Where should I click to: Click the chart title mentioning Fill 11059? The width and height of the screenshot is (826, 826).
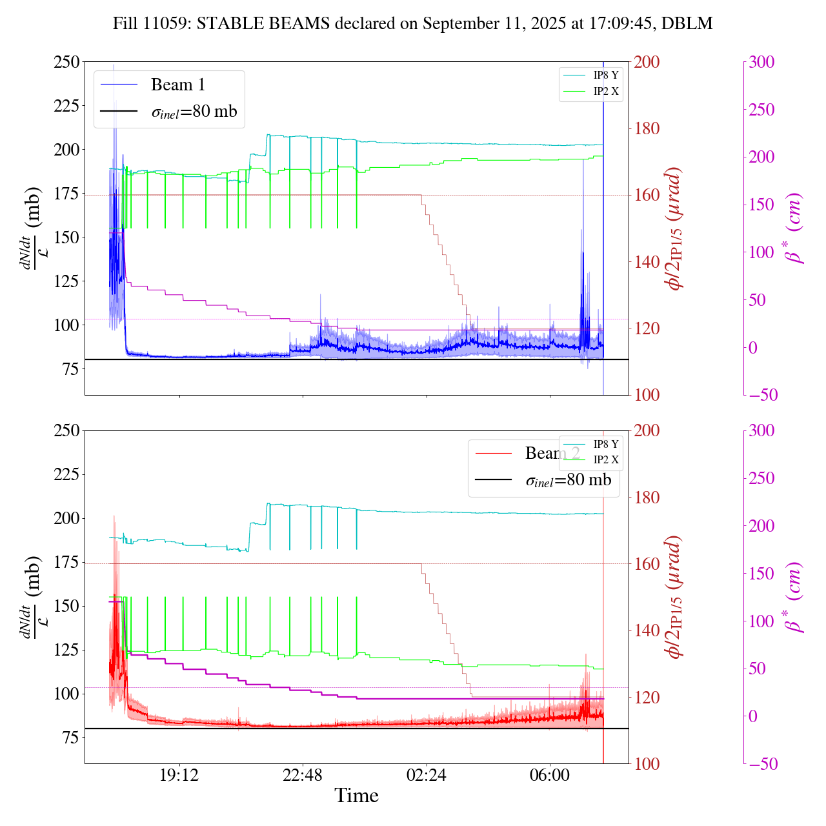point(412,24)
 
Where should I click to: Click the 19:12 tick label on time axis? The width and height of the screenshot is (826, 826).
point(179,774)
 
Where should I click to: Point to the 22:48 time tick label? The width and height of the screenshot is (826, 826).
point(303,774)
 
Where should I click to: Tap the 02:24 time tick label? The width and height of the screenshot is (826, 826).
point(427,774)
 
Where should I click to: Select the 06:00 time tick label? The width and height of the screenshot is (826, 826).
point(550,774)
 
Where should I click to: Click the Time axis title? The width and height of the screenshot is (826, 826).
point(356,796)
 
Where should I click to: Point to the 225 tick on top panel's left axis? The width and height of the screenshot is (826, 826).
point(67,105)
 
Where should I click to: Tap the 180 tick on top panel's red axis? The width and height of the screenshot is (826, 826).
point(647,128)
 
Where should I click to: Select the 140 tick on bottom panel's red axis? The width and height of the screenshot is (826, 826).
point(647,630)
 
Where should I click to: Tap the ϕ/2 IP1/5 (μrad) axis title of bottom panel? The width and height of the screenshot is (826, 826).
point(674,597)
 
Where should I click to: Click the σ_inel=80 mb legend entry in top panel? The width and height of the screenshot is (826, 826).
point(194,112)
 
